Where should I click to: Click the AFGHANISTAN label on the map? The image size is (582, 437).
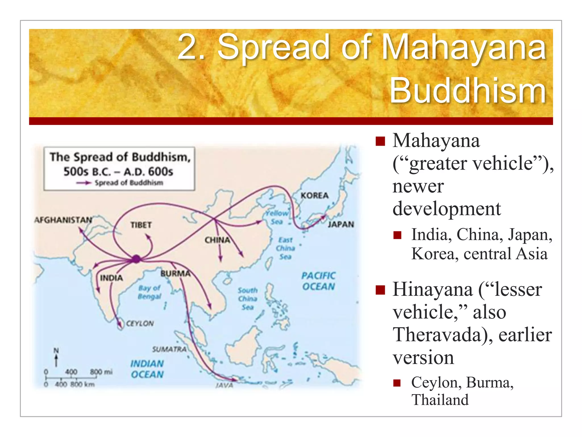click(63, 220)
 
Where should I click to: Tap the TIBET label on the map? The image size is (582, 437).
click(141, 225)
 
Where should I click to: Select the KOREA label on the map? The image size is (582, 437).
click(314, 195)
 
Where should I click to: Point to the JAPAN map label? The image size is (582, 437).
click(341, 224)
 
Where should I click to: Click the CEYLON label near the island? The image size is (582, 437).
click(140, 323)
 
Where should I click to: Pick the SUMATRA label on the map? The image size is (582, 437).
click(169, 349)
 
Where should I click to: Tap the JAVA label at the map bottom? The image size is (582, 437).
click(225, 385)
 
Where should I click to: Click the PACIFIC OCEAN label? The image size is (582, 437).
click(319, 281)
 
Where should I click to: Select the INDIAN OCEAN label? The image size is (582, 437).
click(147, 369)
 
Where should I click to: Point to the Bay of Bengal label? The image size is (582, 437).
click(149, 292)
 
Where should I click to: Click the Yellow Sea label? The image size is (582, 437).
click(277, 217)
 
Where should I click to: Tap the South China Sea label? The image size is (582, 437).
click(248, 299)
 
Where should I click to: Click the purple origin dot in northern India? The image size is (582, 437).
click(136, 259)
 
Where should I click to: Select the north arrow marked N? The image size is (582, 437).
click(56, 357)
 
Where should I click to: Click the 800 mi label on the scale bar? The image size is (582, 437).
click(101, 372)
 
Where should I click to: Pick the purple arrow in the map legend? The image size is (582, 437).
click(84, 183)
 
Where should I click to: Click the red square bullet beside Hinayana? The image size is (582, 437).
click(380, 290)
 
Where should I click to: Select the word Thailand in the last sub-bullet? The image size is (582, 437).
click(440, 400)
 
